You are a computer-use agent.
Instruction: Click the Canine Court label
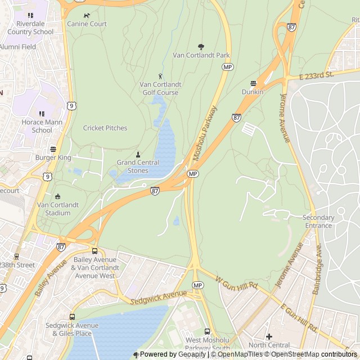(87, 24)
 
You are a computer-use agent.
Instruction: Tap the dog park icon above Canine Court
(86, 16)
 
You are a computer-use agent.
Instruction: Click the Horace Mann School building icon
(41, 114)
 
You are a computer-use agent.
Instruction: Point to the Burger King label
(53, 158)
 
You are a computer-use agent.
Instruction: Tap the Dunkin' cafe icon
(253, 83)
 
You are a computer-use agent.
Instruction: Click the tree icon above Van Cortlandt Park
(201, 47)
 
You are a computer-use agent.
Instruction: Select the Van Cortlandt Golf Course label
(160, 88)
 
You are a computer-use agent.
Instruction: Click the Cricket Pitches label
(105, 128)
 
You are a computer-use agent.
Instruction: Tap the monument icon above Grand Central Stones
(138, 155)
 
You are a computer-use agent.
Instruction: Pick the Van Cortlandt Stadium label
(58, 209)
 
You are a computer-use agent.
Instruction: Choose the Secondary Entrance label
(318, 222)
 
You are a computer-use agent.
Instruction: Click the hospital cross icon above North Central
(269, 336)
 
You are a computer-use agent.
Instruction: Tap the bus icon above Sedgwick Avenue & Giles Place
(72, 317)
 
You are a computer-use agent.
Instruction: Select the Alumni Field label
(18, 47)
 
